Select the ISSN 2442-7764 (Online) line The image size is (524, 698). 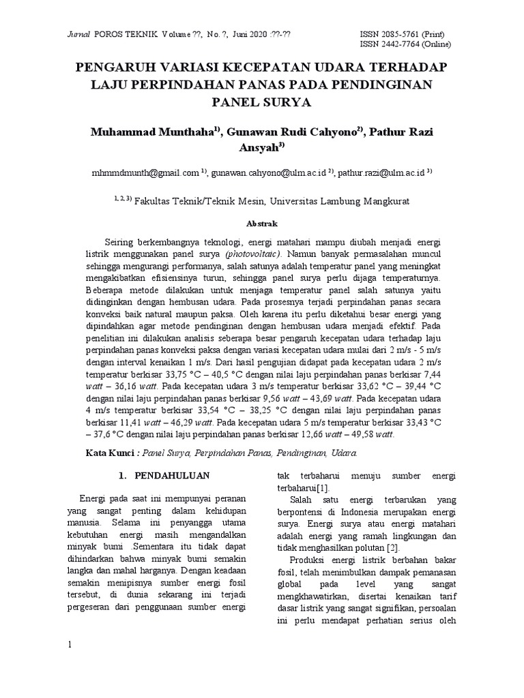click(405, 45)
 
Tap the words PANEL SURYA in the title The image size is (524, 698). click(261, 103)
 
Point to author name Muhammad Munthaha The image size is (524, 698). click(141, 131)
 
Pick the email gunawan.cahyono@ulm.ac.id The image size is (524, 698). click(267, 173)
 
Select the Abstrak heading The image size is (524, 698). click(261, 223)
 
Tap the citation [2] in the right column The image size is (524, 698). click(392, 547)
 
